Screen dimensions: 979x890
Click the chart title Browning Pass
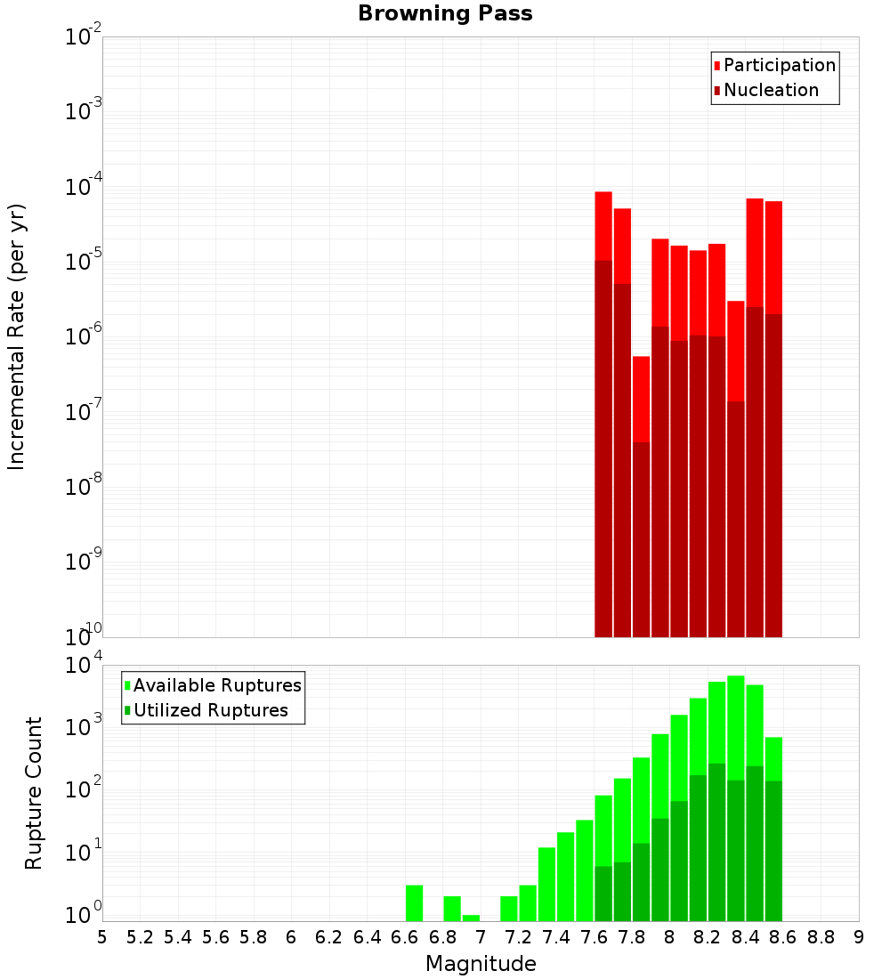pyautogui.click(x=445, y=13)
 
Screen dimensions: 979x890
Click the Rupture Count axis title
pyautogui.click(x=34, y=793)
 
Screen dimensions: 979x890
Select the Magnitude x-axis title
pyautogui.click(x=481, y=964)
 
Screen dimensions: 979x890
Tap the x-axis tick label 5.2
pyautogui.click(x=141, y=937)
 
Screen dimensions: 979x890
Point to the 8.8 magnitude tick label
pyautogui.click(x=821, y=937)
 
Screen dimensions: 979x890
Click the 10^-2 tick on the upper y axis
pyautogui.click(x=84, y=37)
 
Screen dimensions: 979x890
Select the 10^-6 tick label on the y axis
pyautogui.click(x=84, y=337)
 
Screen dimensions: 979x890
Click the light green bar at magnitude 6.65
pyautogui.click(x=414, y=902)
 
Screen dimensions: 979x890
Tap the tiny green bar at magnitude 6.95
pyautogui.click(x=471, y=918)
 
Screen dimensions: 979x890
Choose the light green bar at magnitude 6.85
pyautogui.click(x=452, y=908)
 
